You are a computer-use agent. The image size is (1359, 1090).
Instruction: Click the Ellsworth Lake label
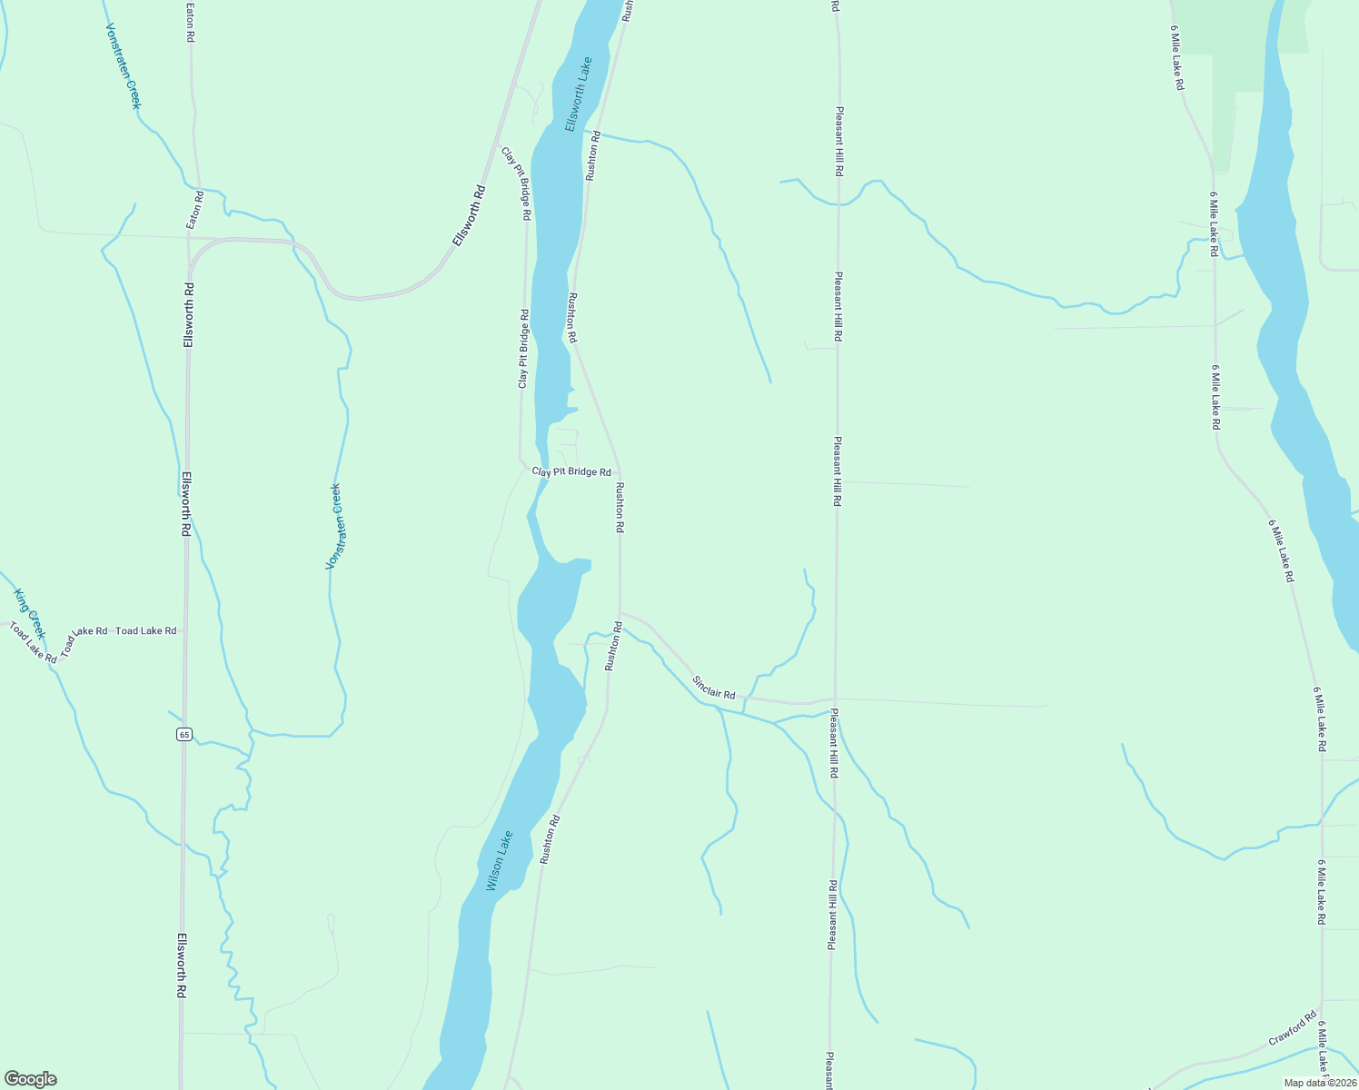click(x=578, y=94)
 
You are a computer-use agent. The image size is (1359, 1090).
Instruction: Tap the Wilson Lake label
click(x=500, y=860)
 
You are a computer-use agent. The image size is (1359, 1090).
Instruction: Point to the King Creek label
click(x=29, y=613)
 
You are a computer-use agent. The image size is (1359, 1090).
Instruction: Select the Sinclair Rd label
click(x=713, y=688)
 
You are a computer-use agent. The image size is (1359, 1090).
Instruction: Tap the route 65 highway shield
click(x=184, y=734)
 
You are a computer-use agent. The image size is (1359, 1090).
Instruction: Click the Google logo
click(x=30, y=1078)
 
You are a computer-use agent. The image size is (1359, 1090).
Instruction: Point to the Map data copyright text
click(x=1319, y=1082)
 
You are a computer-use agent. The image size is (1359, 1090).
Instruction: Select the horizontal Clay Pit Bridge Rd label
click(x=571, y=472)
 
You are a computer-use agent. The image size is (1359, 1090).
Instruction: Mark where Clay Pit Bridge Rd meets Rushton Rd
click(x=620, y=472)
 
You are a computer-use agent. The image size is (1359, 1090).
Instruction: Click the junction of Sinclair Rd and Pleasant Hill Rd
click(x=835, y=700)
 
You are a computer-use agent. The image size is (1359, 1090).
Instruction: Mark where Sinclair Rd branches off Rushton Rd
click(x=620, y=612)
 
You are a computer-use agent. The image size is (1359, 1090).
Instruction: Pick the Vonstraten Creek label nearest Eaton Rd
click(x=124, y=66)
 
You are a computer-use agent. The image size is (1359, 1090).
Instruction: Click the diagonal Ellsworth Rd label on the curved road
click(x=470, y=216)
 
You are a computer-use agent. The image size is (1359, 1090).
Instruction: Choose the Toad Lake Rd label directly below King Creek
click(x=33, y=641)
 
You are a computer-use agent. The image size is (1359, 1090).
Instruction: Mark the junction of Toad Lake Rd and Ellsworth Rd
click(x=185, y=629)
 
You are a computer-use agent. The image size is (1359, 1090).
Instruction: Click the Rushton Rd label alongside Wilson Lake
click(x=549, y=839)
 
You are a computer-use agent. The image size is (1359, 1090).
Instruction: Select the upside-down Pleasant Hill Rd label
click(x=831, y=914)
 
